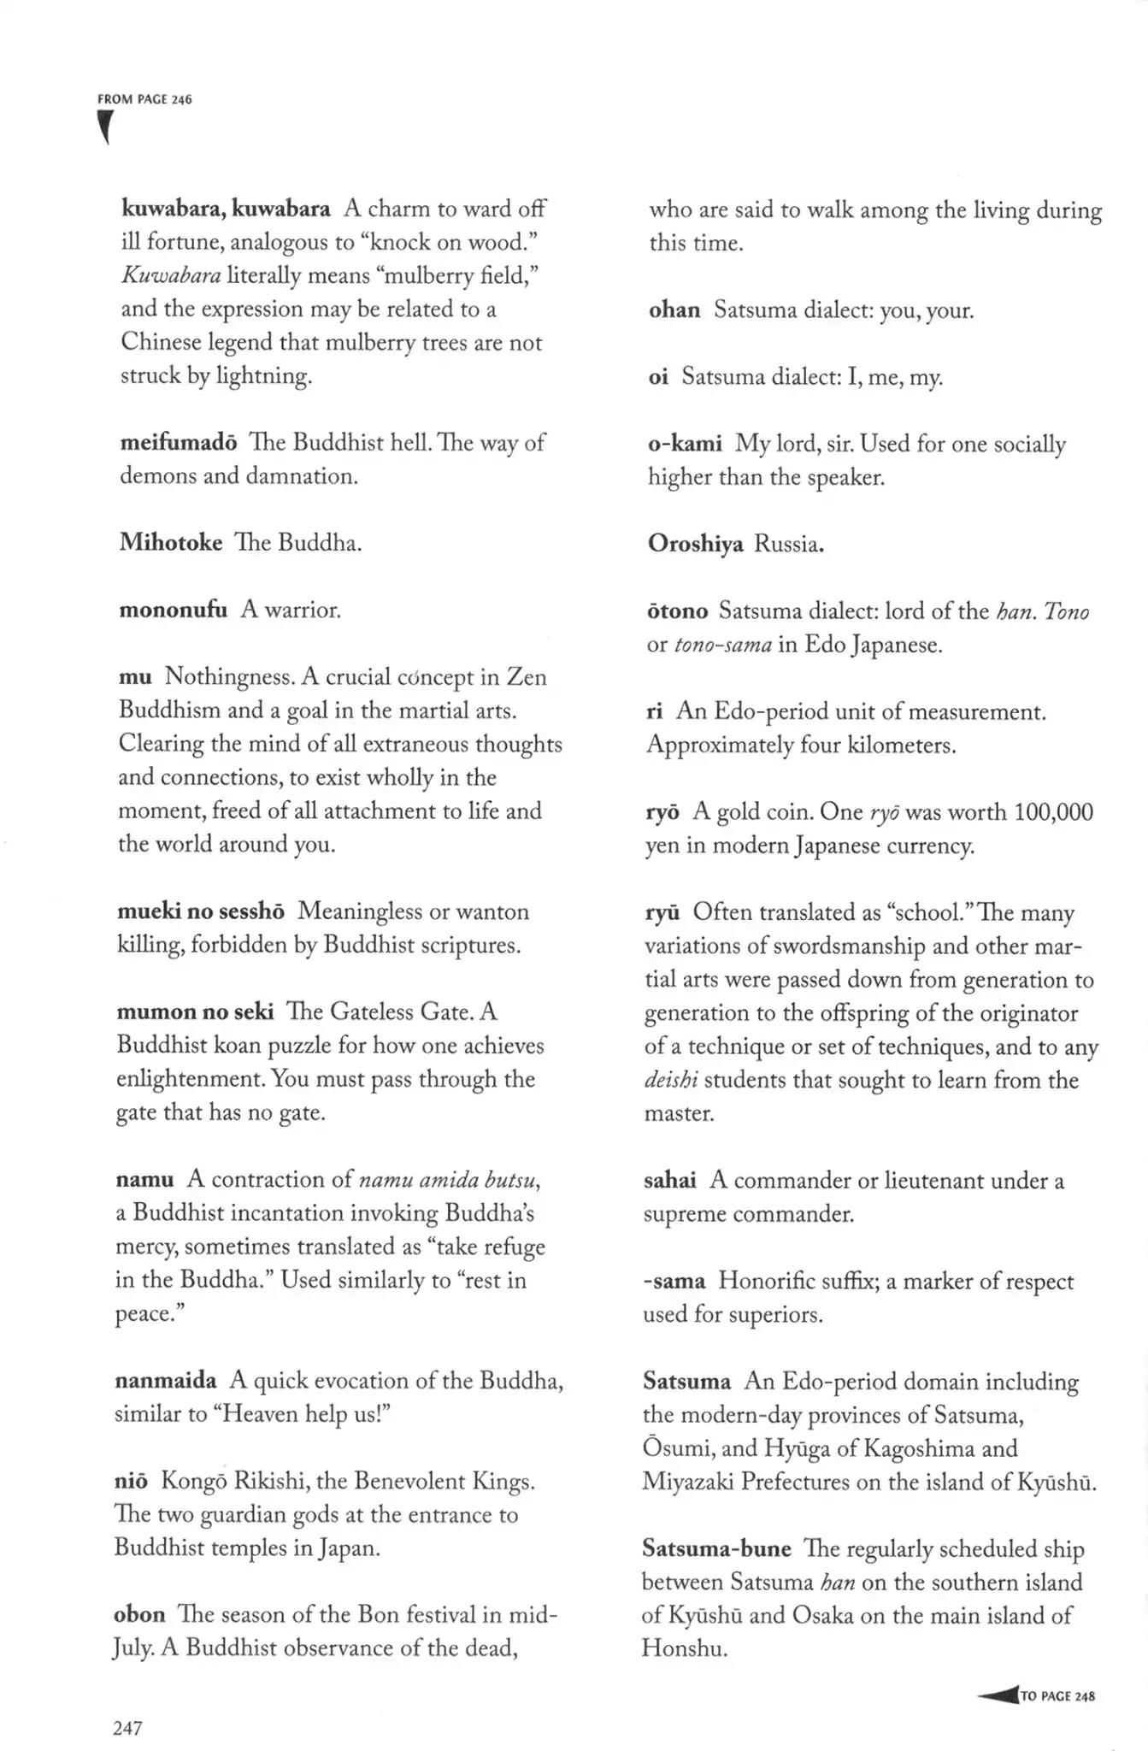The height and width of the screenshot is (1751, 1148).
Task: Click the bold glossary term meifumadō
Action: click(x=178, y=443)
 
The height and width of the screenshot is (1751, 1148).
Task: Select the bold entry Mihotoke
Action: click(x=171, y=543)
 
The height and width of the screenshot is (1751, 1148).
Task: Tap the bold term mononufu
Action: click(x=173, y=610)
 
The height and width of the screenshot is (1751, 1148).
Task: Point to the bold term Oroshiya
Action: click(x=695, y=544)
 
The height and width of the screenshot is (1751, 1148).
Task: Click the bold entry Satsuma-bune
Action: click(x=716, y=1549)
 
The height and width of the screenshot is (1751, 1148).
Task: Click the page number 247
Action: click(x=127, y=1728)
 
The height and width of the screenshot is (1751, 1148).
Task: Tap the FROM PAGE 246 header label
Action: click(x=144, y=99)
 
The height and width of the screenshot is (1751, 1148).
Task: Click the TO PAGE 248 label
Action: click(x=1057, y=1696)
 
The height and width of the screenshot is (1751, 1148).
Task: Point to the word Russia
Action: click(x=789, y=544)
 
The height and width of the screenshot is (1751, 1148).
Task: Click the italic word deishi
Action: click(x=671, y=1081)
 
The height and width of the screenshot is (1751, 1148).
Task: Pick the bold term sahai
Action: click(x=669, y=1181)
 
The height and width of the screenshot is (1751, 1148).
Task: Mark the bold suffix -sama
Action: click(x=674, y=1282)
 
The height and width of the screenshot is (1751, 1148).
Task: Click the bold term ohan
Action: click(x=674, y=310)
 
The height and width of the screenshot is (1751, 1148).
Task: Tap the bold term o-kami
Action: click(x=685, y=444)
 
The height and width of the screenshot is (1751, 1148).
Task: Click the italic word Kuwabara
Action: click(x=171, y=275)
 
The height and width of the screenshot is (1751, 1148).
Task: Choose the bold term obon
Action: click(x=139, y=1615)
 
